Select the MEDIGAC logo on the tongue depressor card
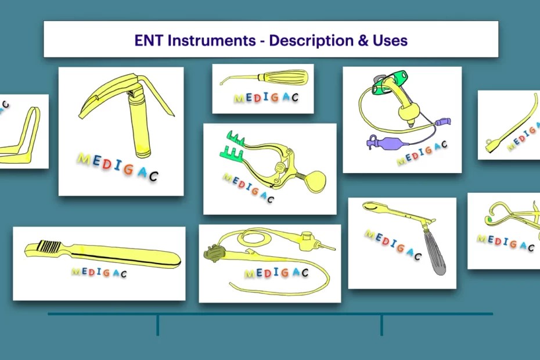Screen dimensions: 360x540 click(x=99, y=272)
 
